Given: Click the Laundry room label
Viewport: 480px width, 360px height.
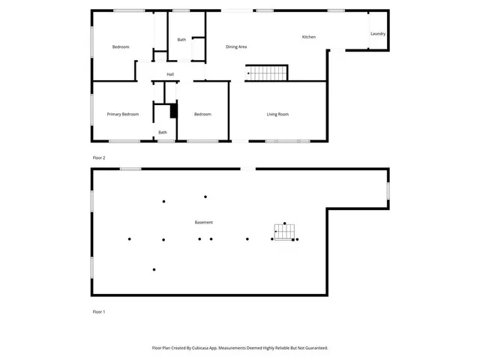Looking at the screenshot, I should pyautogui.click(x=377, y=34).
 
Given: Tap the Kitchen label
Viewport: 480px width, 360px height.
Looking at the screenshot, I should pyautogui.click(x=308, y=37).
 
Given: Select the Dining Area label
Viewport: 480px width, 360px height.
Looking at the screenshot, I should pyautogui.click(x=236, y=47).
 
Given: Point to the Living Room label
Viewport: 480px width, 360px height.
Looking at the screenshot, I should pyautogui.click(x=277, y=114).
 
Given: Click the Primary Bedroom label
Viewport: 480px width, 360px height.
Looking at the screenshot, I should pyautogui.click(x=122, y=114).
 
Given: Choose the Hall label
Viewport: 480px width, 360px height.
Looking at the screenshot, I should pyautogui.click(x=170, y=74).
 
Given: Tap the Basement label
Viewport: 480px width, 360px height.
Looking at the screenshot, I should pyautogui.click(x=203, y=222).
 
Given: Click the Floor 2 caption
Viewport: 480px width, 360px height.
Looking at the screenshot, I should pyautogui.click(x=98, y=157).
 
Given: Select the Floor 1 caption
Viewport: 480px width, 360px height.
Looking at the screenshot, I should pyautogui.click(x=98, y=311).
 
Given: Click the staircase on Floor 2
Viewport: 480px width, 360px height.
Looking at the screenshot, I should pyautogui.click(x=268, y=73).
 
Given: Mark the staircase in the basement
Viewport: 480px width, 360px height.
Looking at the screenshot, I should pyautogui.click(x=284, y=231).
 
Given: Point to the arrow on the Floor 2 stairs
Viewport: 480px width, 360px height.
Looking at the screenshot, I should pyautogui.click(x=249, y=73).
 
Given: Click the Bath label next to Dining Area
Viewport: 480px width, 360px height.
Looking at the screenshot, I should pyautogui.click(x=181, y=40).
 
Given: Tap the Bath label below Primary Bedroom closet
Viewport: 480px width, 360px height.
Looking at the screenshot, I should pyautogui.click(x=162, y=133).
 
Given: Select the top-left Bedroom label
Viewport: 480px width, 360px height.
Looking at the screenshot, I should pyautogui.click(x=121, y=47).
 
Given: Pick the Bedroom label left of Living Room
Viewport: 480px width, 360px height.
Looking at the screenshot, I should pyautogui.click(x=202, y=114).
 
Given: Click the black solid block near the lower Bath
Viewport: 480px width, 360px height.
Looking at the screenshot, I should pyautogui.click(x=173, y=111).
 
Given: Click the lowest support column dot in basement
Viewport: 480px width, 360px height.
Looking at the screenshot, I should pyautogui.click(x=154, y=269).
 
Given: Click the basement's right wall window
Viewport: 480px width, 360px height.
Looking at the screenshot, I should pyautogui.click(x=388, y=191).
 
